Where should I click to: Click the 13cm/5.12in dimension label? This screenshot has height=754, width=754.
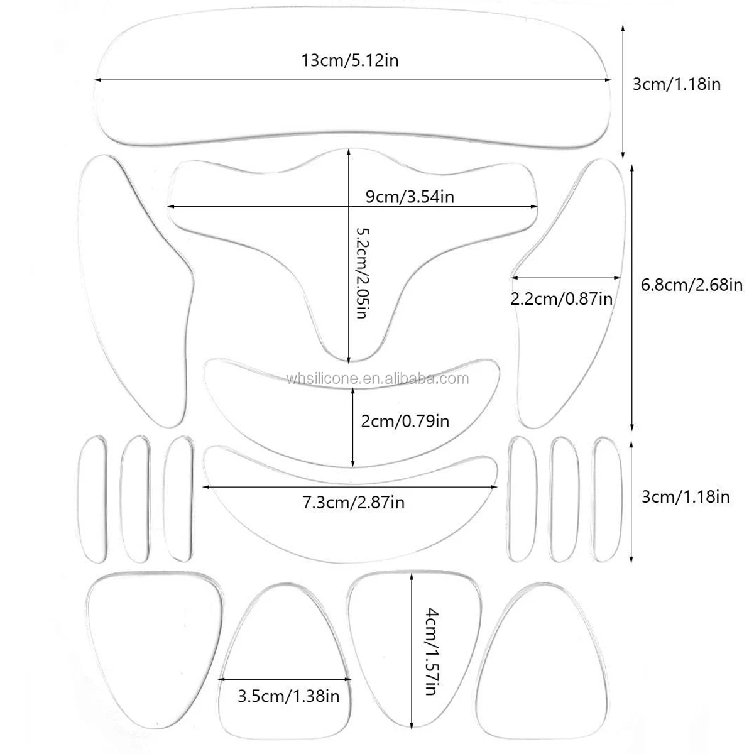(x=351, y=61)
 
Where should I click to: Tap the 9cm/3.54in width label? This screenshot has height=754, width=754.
(x=410, y=196)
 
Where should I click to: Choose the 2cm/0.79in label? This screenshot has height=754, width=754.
(x=405, y=420)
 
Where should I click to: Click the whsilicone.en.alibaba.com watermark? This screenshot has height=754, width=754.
(x=377, y=378)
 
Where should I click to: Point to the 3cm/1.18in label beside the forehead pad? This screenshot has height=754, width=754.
(x=676, y=84)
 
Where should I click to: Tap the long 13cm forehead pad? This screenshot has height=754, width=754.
(x=352, y=113)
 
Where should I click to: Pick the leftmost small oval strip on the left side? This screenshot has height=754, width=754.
(x=93, y=498)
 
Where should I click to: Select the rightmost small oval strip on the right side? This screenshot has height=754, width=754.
(x=608, y=498)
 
